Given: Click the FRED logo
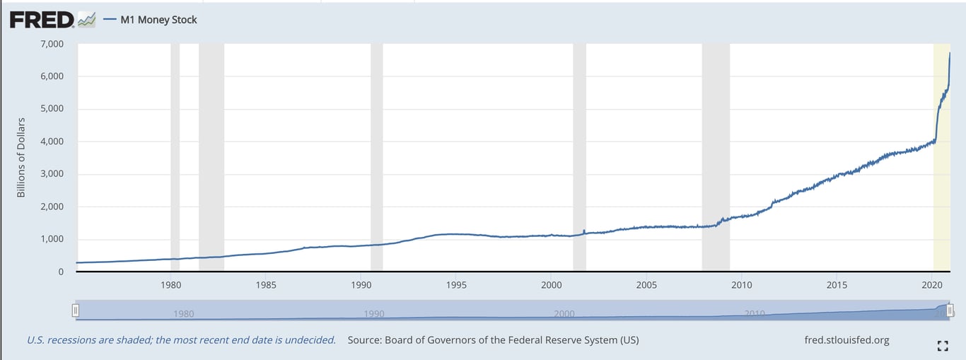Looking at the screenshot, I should point(42,20).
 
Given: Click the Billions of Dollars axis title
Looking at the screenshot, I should point(21,157).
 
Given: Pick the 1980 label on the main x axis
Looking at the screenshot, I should point(170,286).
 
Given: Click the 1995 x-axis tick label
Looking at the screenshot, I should point(456,286).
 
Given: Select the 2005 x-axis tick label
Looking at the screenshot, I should point(646,286).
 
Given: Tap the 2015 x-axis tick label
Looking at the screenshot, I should point(837,286).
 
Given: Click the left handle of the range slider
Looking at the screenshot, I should point(76,310).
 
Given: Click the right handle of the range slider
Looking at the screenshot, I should point(950,310).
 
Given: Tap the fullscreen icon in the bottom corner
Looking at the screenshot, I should point(941,346).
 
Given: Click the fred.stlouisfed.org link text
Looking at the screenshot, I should point(846,340).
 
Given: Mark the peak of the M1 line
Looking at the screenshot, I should point(949,53).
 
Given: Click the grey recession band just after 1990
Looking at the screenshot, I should point(376,156).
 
